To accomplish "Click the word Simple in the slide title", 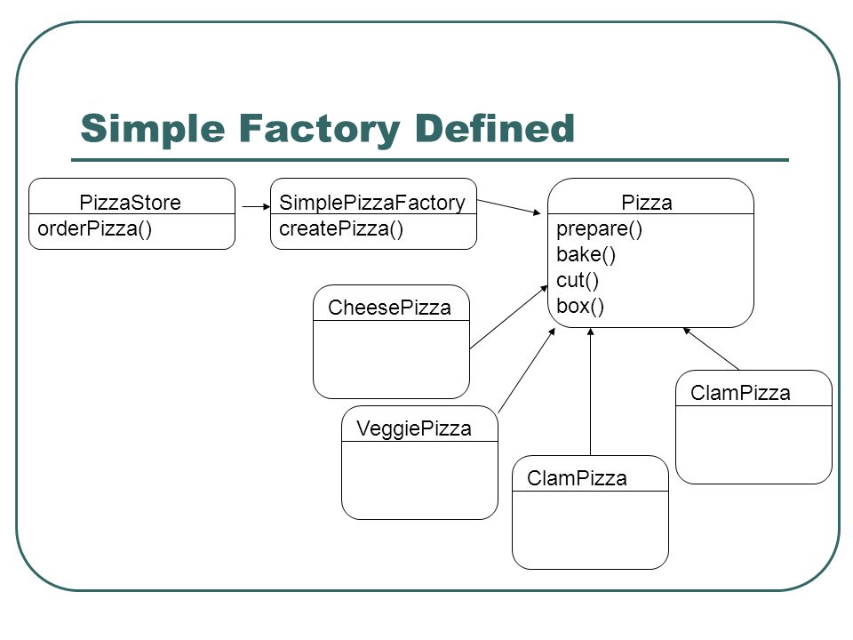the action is [152, 130].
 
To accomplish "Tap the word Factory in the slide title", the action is [319, 130].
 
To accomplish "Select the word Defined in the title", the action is [495, 128].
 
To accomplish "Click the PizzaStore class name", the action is [130, 203].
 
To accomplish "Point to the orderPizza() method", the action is [95, 229].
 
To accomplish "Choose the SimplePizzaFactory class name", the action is [372, 203].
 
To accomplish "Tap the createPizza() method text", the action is [341, 229].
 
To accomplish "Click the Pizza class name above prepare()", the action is [647, 203].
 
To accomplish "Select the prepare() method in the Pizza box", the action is [599, 229].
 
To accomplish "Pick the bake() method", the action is [586, 255].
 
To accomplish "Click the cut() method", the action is [578, 281].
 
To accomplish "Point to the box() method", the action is [580, 307].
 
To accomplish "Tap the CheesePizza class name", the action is [389, 308].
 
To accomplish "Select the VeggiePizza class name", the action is [414, 428].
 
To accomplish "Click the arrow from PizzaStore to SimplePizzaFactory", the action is [256, 207].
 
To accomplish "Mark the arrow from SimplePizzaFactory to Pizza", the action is [509, 207].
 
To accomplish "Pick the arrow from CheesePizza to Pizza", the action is [508, 317].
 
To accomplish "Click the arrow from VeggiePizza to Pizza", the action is [527, 371].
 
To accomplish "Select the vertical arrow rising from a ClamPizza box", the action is [591, 391].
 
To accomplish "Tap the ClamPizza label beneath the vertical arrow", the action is [578, 478].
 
